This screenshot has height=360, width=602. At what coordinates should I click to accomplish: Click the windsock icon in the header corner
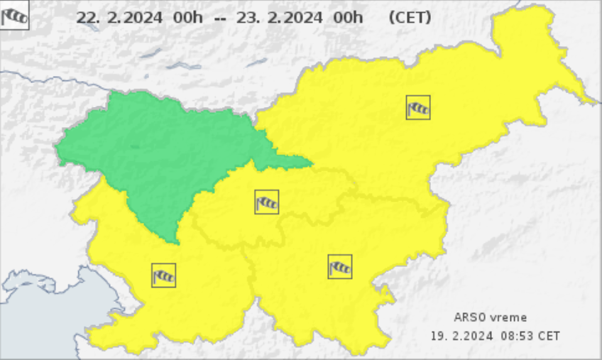(x=14, y=16)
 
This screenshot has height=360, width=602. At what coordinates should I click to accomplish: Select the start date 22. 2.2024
(x=119, y=18)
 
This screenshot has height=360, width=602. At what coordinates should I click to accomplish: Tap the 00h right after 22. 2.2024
(x=187, y=18)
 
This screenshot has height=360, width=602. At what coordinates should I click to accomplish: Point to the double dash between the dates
(x=220, y=18)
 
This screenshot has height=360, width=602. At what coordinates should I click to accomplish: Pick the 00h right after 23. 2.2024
(x=347, y=18)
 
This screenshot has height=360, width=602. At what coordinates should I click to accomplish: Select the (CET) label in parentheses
(x=410, y=18)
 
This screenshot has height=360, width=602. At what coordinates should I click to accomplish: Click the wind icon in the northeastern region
(x=418, y=107)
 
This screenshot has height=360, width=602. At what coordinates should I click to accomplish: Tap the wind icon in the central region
(x=267, y=202)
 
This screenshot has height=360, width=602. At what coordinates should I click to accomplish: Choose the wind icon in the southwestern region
(x=163, y=275)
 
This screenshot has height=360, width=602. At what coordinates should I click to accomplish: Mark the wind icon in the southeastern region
(x=340, y=267)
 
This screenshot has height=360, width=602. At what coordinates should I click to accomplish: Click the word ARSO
(x=469, y=317)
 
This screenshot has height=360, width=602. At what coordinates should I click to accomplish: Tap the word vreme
(x=509, y=317)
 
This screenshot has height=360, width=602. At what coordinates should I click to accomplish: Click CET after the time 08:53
(x=550, y=335)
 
